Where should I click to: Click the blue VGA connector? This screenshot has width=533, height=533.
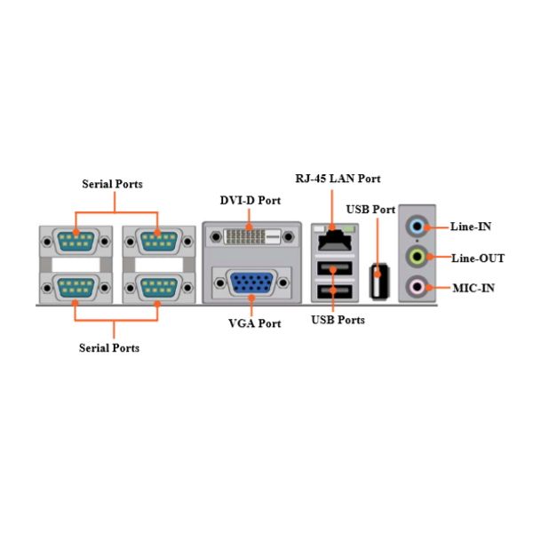point(252,282)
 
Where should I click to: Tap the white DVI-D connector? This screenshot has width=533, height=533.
point(252,236)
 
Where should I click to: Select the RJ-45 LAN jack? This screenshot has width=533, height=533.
point(335,241)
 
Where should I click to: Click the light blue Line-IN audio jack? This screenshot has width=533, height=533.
point(417,226)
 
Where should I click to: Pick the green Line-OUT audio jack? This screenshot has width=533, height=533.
point(417,257)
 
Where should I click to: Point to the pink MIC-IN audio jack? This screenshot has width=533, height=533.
point(417,287)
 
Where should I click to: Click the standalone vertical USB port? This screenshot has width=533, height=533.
point(379,282)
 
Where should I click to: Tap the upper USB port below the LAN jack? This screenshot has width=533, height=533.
point(335,268)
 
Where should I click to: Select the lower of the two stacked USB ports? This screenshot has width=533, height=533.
point(335,291)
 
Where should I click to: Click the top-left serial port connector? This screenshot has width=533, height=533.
point(76,242)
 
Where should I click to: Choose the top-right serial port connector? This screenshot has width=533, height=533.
point(159,242)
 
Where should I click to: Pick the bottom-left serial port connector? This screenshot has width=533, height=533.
point(76,288)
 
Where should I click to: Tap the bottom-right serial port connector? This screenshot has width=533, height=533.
point(159,288)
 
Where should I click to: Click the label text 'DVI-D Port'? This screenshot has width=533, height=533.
point(251,200)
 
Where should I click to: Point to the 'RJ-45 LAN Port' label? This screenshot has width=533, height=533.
point(338,179)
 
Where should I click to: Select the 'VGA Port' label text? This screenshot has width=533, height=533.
point(255,323)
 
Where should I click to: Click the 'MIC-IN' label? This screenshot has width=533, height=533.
point(473,288)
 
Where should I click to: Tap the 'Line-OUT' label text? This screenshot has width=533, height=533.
point(478,259)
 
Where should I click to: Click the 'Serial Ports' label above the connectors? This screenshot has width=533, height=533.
point(112,184)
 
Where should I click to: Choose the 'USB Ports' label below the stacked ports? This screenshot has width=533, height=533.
point(338,320)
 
